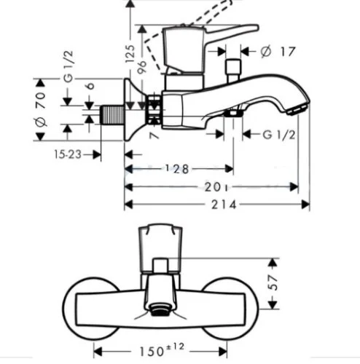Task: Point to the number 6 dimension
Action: (89, 86)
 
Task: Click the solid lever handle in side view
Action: (211, 34)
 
